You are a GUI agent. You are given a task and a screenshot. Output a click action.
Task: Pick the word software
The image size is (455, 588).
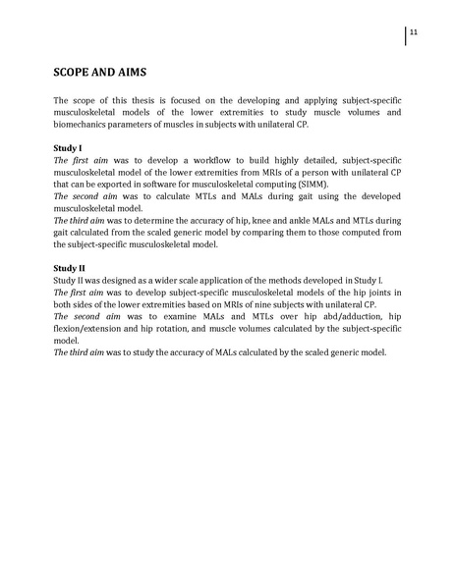click(x=195, y=184)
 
